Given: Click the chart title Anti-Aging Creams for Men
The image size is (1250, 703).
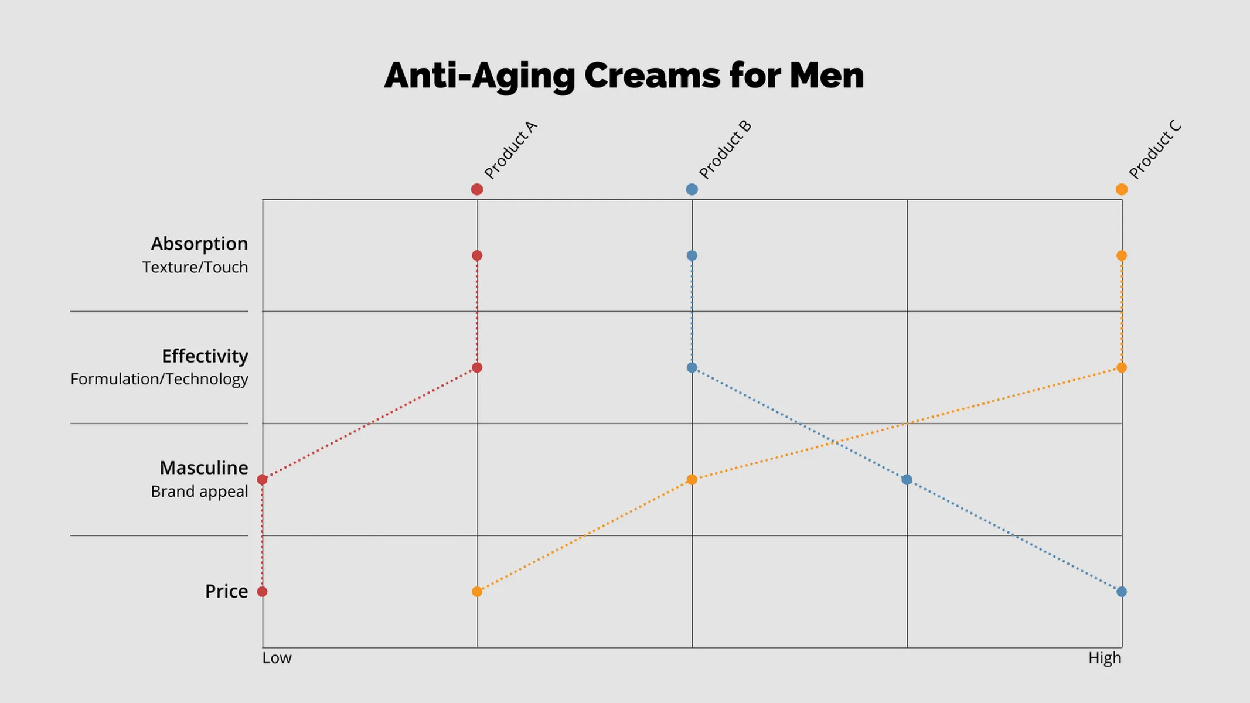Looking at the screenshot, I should pos(624,76).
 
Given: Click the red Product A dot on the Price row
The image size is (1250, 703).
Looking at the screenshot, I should pos(262,592).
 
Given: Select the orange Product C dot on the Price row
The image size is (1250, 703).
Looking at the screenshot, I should pos(477,592).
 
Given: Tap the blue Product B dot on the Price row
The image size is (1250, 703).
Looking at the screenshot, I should pos(1121,592).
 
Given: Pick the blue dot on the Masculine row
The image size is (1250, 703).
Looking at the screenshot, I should pos(907,480).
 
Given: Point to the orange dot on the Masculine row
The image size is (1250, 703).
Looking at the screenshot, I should pos(692,480).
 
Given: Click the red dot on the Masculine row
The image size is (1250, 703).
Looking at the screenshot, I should pos(262,480).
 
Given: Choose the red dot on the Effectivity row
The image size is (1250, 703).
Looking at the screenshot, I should pos(477,368).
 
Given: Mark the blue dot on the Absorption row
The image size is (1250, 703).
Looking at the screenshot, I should pos(692,255).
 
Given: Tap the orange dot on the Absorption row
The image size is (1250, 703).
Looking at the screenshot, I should pos(1121,255).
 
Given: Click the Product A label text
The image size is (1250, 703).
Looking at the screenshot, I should pos(510,150).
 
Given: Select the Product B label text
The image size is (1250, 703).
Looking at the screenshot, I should pos(725,150).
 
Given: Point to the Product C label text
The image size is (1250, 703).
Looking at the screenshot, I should pos(1155,150).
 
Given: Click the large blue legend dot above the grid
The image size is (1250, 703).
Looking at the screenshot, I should pos(692,189).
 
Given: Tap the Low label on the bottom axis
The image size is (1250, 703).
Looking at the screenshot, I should pos(277,658).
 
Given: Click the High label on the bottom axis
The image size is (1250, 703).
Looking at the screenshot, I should pos(1105,658).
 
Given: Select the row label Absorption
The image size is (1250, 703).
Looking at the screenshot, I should pos(199,244).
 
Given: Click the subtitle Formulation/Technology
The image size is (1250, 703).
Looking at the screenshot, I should pos(159,379).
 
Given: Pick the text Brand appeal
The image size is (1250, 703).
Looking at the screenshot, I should pos(199,492).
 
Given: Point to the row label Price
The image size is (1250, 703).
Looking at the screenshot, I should pos(226,591).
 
